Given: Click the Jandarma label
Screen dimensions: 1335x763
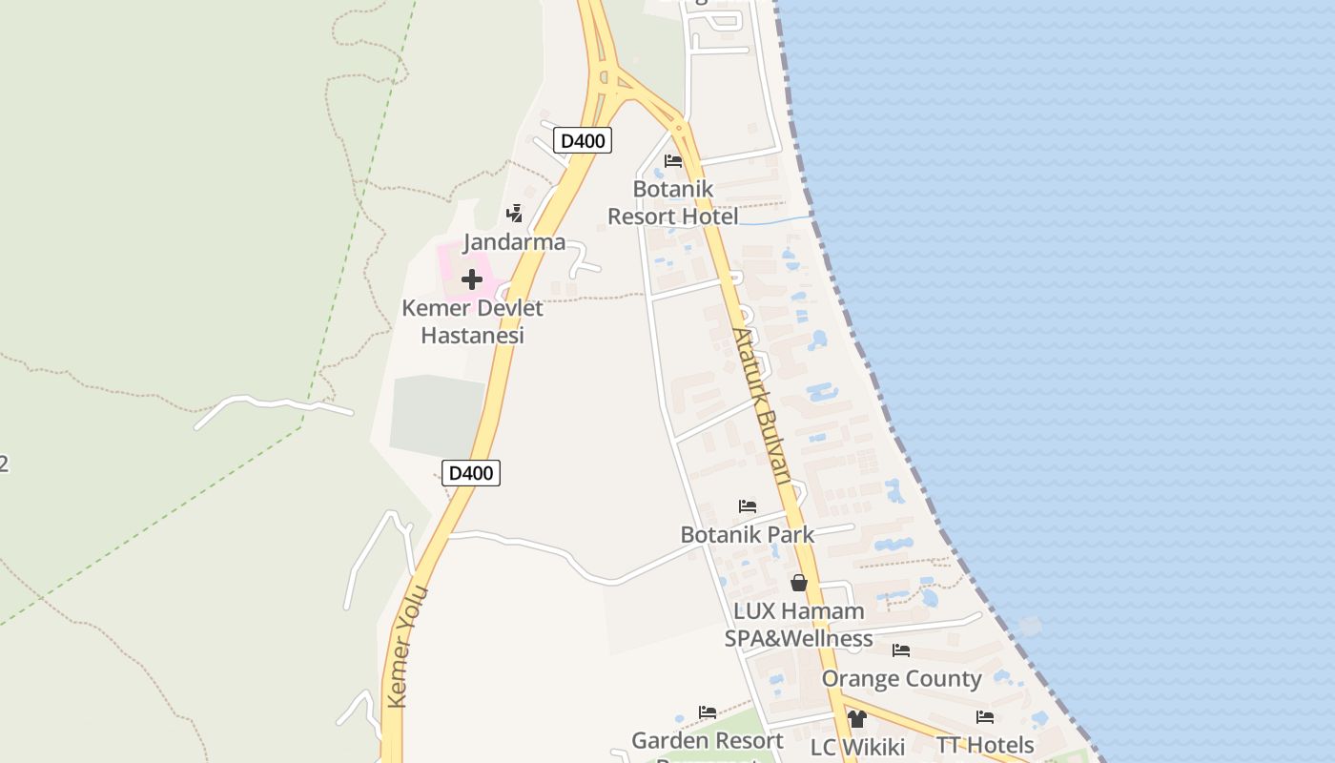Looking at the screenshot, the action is pyautogui.click(x=515, y=241).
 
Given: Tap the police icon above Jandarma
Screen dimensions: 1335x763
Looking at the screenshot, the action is pyautogui.click(x=515, y=213).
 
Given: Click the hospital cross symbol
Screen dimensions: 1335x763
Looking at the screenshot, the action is pyautogui.click(x=472, y=279).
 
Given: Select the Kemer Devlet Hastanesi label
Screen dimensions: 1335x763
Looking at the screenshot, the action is pyautogui.click(x=472, y=321).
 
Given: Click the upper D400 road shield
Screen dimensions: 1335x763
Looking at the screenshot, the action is pyautogui.click(x=583, y=141).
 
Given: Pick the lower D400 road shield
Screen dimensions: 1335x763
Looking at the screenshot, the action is pyautogui.click(x=471, y=472).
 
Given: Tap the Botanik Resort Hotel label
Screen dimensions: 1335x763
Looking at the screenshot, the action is pyautogui.click(x=673, y=202).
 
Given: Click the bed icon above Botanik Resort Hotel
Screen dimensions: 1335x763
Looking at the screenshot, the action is pyautogui.click(x=673, y=160).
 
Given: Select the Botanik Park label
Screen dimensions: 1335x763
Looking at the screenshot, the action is pyautogui.click(x=748, y=534).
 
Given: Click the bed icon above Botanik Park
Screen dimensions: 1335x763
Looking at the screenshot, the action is pyautogui.click(x=748, y=505).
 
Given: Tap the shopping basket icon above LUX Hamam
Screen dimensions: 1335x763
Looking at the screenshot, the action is pyautogui.click(x=799, y=583).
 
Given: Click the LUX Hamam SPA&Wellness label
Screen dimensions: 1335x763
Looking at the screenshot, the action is pyautogui.click(x=799, y=625).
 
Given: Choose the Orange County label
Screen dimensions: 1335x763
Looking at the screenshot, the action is pyautogui.click(x=901, y=678).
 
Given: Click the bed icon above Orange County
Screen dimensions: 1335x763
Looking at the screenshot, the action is pyautogui.click(x=901, y=650).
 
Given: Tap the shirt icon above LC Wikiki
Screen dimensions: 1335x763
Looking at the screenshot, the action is pyautogui.click(x=856, y=719).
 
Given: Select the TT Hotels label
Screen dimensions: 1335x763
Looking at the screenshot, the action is pyautogui.click(x=985, y=745).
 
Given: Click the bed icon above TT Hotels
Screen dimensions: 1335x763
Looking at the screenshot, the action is pyautogui.click(x=985, y=717).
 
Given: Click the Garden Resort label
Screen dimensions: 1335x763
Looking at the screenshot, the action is pyautogui.click(x=708, y=740).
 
